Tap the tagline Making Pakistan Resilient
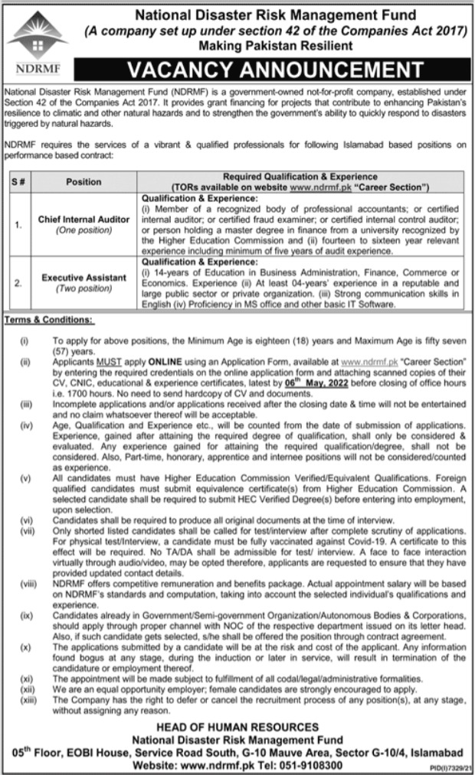point(265,46)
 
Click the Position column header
point(84,181)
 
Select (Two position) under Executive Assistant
point(84,288)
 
